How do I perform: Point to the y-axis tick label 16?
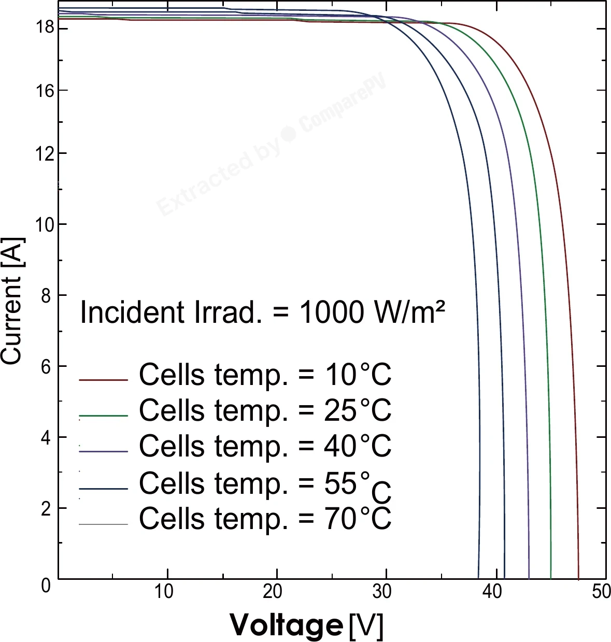(45, 91)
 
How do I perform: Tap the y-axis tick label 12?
(45, 154)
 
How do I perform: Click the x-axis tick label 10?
(164, 591)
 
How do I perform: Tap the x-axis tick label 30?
(382, 591)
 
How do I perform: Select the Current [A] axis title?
(12, 301)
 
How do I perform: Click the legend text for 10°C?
(265, 375)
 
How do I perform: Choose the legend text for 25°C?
(265, 411)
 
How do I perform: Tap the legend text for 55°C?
(265, 486)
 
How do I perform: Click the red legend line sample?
(103, 380)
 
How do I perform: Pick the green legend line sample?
(103, 416)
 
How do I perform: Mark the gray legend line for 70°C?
(103, 524)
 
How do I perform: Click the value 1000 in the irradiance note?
(331, 312)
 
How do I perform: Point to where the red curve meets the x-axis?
(578, 579)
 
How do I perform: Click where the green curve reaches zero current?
(551, 579)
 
